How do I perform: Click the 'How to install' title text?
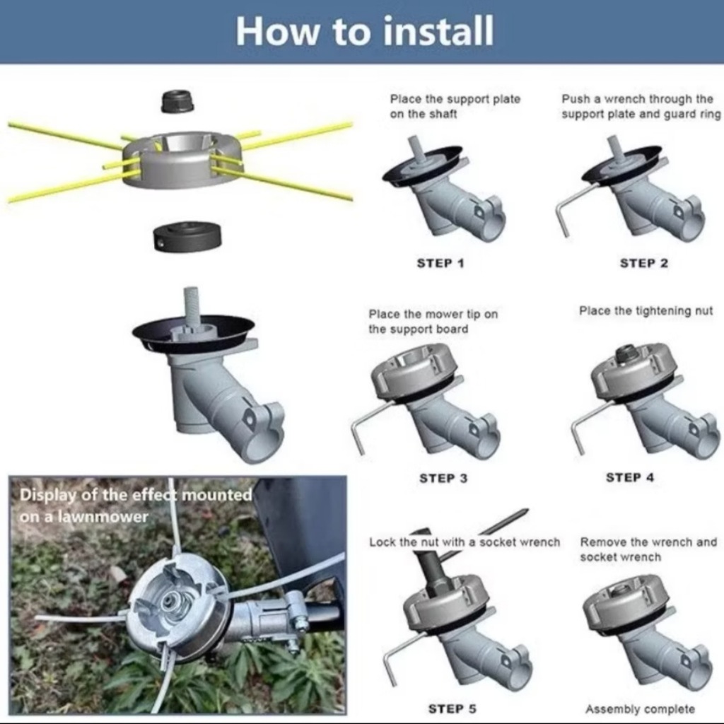[364, 31]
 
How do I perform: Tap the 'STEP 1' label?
[440, 263]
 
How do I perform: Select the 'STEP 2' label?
[643, 263]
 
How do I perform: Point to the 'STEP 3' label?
[443, 479]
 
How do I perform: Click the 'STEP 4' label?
[630, 477]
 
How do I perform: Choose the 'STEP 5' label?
[452, 708]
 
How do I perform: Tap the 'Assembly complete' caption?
[640, 708]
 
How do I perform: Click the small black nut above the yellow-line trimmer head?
[177, 102]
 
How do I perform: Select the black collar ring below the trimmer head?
[187, 236]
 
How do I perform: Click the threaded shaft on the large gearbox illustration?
[191, 305]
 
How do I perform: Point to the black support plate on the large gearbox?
[193, 334]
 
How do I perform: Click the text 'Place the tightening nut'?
[646, 311]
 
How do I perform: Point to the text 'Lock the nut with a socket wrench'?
[465, 542]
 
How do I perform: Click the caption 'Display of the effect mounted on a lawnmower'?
[136, 506]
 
